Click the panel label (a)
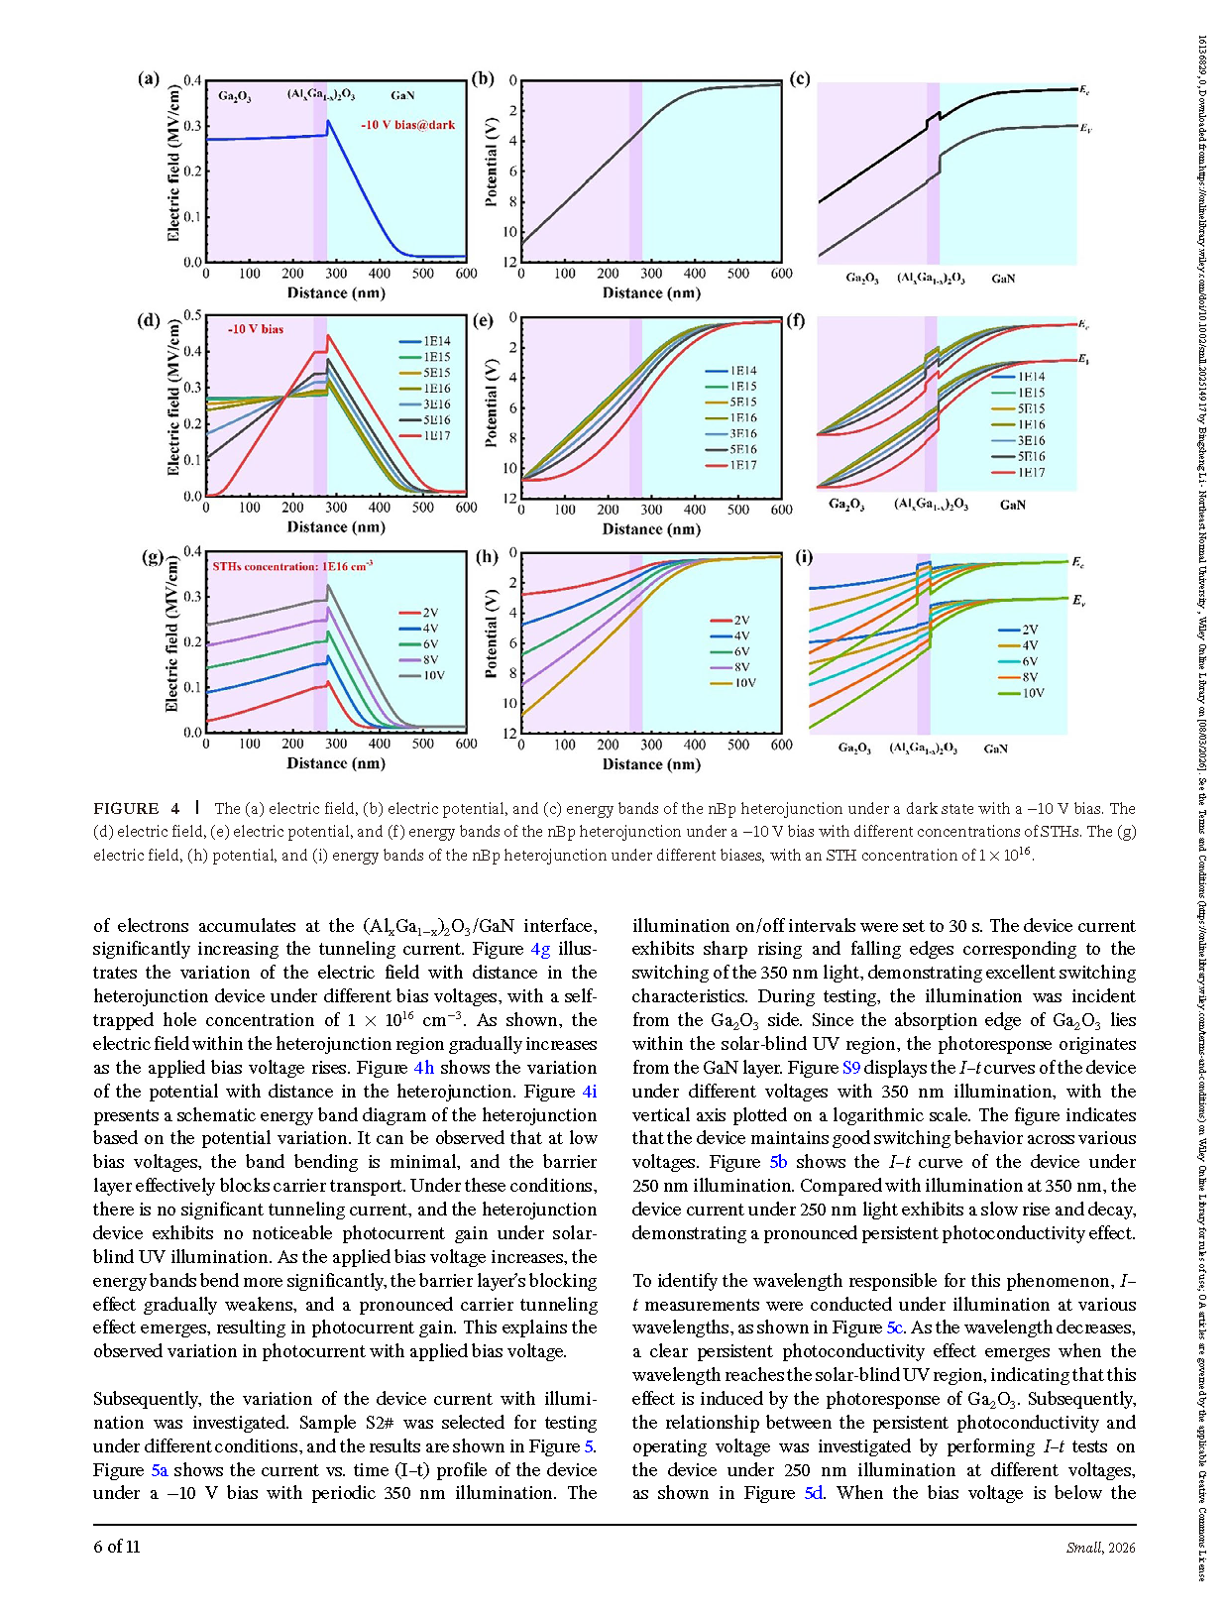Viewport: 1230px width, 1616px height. pos(149,78)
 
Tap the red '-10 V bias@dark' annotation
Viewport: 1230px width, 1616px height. pos(408,125)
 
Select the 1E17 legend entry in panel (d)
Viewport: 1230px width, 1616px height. pos(436,436)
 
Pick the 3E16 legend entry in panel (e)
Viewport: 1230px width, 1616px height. pos(743,434)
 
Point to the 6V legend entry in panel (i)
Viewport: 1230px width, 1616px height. pos(1030,661)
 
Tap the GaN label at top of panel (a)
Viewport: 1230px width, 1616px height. pos(402,96)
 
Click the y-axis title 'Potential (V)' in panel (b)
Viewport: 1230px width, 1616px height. pos(491,162)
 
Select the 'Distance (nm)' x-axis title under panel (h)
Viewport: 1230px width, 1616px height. pos(651,764)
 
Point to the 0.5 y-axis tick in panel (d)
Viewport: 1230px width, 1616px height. pos(192,316)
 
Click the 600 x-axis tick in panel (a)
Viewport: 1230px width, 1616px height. pos(466,274)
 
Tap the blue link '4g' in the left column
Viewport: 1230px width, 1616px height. pos(540,949)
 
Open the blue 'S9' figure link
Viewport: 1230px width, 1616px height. pos(851,1068)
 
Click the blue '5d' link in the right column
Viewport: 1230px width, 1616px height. pos(813,1493)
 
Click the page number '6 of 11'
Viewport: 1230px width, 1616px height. pos(117,1547)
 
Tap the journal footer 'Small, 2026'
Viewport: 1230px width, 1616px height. pos(1100,1548)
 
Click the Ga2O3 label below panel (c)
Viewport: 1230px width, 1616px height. pos(862,279)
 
